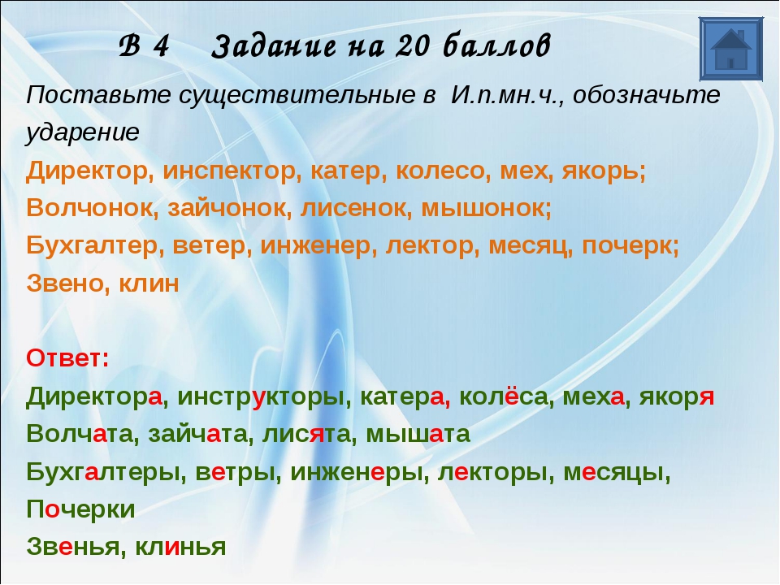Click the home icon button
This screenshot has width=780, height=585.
[730, 49]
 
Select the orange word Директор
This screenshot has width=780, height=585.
[87, 171]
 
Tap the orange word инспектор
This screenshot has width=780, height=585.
[229, 171]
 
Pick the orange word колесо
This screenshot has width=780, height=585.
[440, 171]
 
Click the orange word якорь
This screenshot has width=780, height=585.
[600, 171]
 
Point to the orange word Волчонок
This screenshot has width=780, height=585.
[89, 208]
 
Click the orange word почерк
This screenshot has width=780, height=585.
[626, 246]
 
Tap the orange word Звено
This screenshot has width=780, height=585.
[67, 284]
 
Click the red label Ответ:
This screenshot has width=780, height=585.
[67, 358]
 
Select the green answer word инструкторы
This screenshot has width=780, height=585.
[261, 397]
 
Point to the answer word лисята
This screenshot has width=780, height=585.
[306, 434]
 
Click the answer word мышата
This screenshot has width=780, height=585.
[418, 434]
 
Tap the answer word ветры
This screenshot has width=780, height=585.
[235, 472]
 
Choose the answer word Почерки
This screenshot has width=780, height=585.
[80, 509]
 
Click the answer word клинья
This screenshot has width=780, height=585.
[180, 547]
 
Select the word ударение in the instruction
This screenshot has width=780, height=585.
[83, 132]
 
